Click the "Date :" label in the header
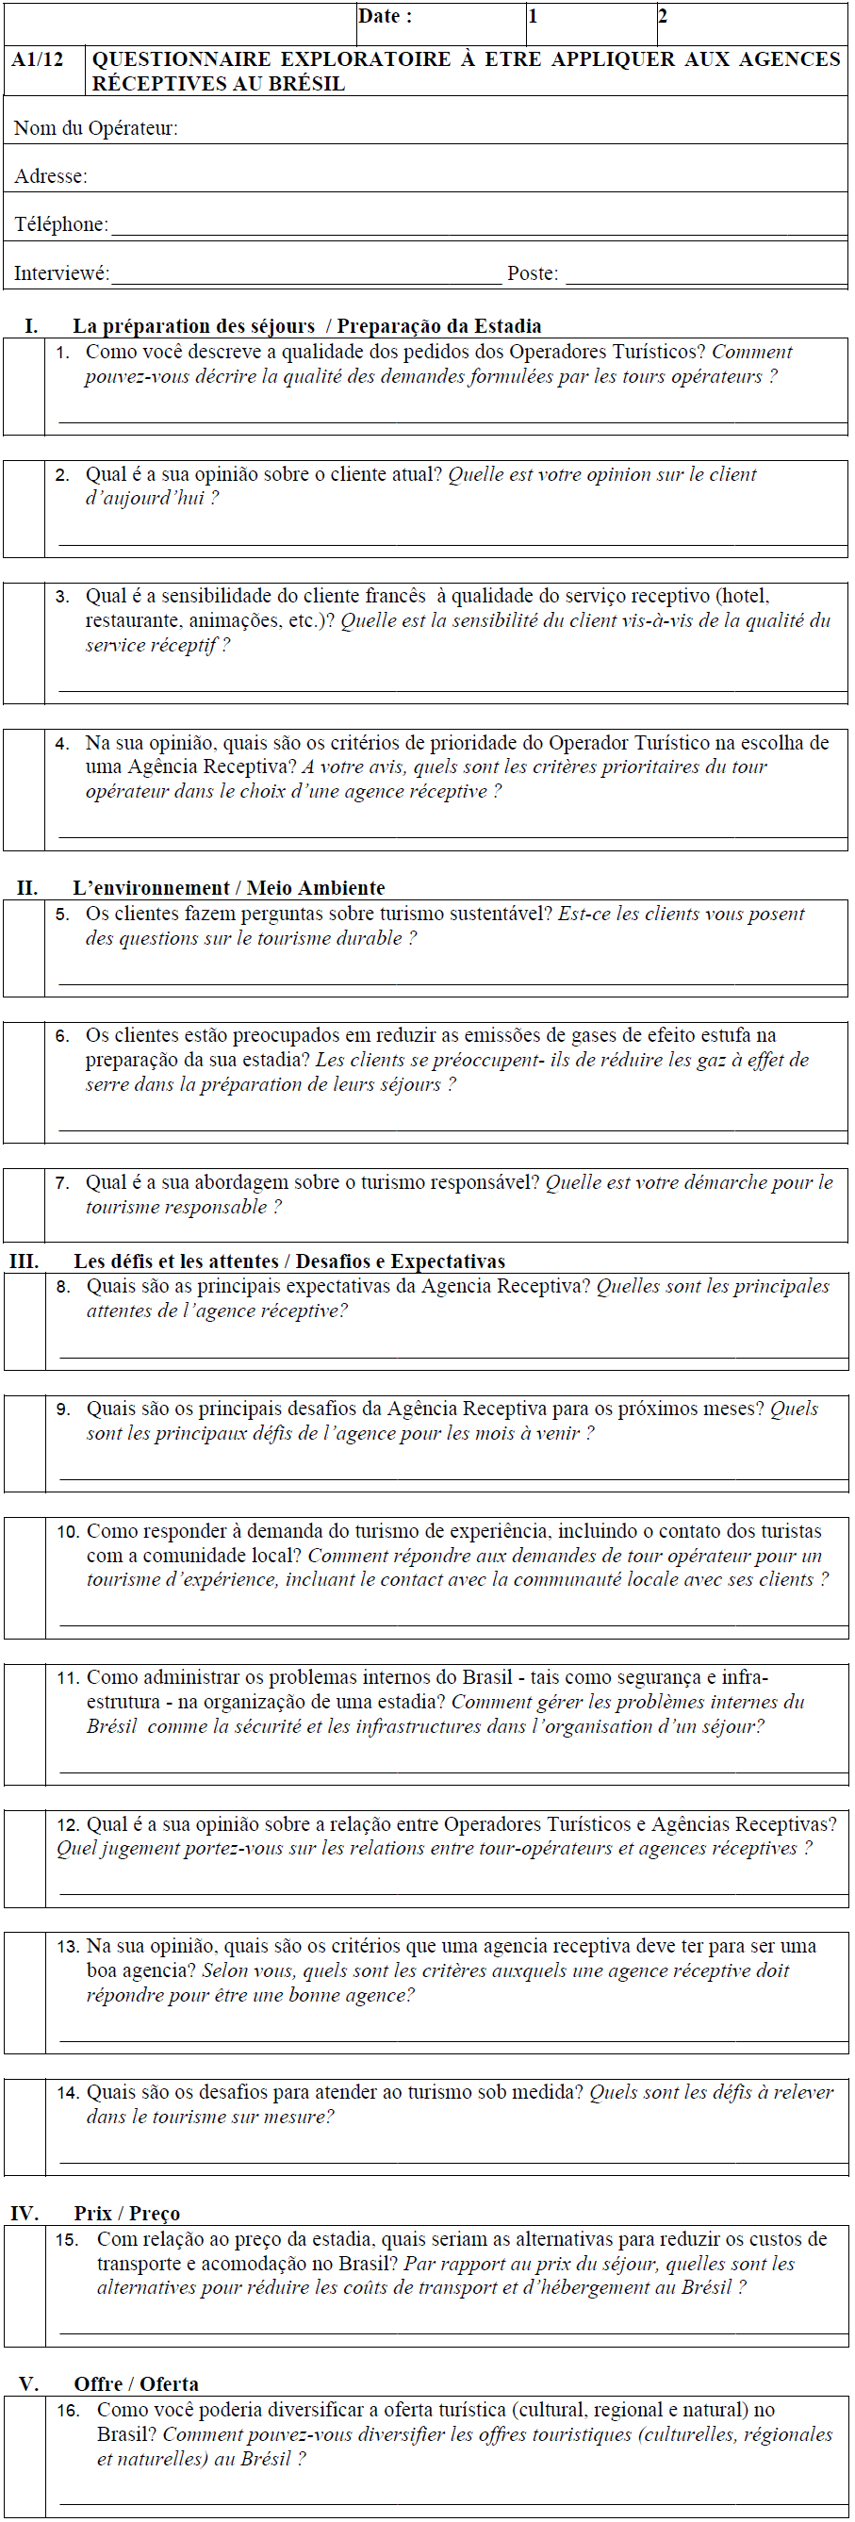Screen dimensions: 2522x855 tap(385, 16)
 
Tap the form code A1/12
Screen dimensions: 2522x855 tap(39, 59)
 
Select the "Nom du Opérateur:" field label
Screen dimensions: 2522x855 tap(96, 128)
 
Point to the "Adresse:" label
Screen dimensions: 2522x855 tap(51, 176)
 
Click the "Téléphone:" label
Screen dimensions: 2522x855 tap(60, 224)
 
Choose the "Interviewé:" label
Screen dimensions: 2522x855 tap(61, 273)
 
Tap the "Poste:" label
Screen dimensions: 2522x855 tap(533, 273)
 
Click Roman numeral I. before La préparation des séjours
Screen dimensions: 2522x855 tap(31, 326)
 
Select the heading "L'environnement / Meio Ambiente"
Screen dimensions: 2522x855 tap(228, 888)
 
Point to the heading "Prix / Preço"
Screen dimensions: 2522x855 tap(126, 2214)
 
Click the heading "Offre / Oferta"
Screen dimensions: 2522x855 tap(136, 2384)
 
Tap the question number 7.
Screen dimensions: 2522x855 tap(62, 1182)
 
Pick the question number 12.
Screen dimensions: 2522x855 tap(68, 1825)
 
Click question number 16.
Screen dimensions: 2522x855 tap(68, 2411)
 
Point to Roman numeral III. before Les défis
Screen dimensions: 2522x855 tap(25, 1261)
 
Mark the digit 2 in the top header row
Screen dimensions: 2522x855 tap(663, 16)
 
